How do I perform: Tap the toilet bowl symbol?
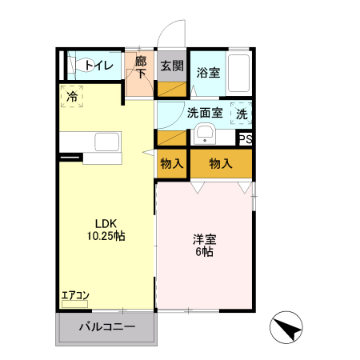coord(80,65)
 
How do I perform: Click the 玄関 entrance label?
coord(171,66)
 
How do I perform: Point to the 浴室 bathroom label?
coord(209,71)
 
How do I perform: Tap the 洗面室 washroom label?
coord(205,114)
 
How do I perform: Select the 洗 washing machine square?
coord(242,114)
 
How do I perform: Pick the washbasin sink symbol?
coord(205,134)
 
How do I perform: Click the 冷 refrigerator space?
coord(72,97)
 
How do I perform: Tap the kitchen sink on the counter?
coord(106,142)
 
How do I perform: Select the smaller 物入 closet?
coord(172,163)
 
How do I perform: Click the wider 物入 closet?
coord(221,163)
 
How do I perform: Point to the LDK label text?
coord(106,223)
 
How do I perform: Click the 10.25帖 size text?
coord(106,237)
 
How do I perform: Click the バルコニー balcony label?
coord(106,327)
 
